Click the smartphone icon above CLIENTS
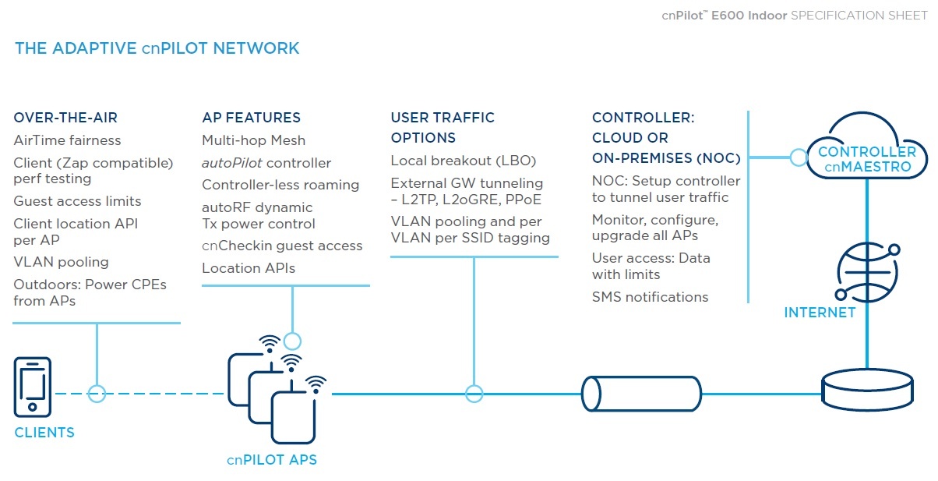click(x=32, y=387)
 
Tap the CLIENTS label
click(x=44, y=433)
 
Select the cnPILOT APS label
click(x=272, y=460)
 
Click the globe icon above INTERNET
click(x=867, y=272)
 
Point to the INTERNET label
click(x=820, y=313)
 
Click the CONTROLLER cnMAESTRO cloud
click(x=867, y=145)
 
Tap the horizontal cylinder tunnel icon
click(x=641, y=394)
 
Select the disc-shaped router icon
click(x=867, y=390)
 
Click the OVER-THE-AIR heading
click(x=65, y=118)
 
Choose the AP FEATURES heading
click(x=251, y=118)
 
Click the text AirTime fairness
click(x=67, y=140)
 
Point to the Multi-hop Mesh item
click(x=253, y=140)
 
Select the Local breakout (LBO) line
click(x=463, y=161)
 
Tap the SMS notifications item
click(x=650, y=297)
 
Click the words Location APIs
click(x=249, y=268)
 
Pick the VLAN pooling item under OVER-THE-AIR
click(x=61, y=262)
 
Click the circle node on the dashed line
click(x=97, y=394)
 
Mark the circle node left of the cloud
click(x=799, y=157)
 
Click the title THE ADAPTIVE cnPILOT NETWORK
click(x=157, y=48)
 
